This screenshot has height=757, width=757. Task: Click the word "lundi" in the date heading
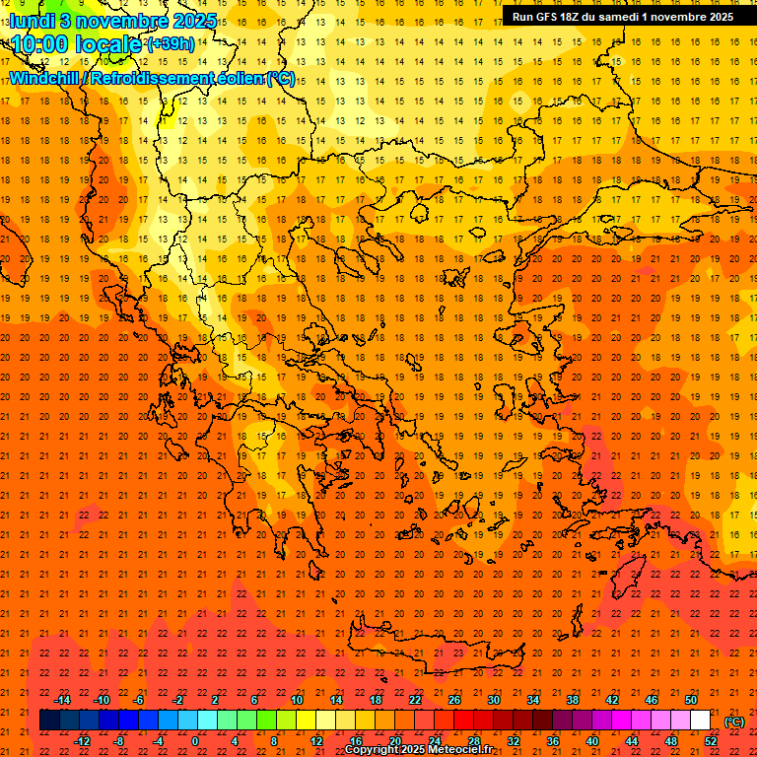(x=31, y=20)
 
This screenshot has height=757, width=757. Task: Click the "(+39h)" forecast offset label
(x=170, y=44)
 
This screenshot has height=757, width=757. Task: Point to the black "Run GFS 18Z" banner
(x=622, y=16)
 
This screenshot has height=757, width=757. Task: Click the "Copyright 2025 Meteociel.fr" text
(x=419, y=750)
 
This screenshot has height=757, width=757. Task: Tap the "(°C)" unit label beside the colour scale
(x=734, y=722)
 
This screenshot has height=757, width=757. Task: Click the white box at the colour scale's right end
(x=700, y=721)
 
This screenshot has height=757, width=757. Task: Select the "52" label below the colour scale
(x=711, y=741)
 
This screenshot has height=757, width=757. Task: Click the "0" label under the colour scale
(x=194, y=741)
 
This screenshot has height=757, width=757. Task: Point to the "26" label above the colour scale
(x=454, y=700)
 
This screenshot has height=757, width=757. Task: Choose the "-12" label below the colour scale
(x=82, y=741)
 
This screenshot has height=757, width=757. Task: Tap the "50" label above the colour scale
(x=691, y=700)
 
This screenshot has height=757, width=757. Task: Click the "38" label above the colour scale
(x=573, y=700)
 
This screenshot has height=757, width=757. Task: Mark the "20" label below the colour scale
(x=394, y=741)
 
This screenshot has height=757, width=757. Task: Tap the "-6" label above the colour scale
(x=139, y=700)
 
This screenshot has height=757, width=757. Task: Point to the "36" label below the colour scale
(x=553, y=741)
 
